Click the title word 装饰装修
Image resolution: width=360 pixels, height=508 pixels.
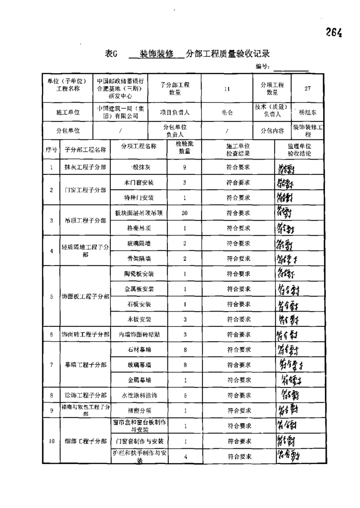coord(157,54)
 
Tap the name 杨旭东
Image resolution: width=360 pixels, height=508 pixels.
coord(307,112)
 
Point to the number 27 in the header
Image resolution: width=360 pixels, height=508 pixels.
coord(307,89)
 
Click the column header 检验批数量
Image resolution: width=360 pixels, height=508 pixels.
coord(184,147)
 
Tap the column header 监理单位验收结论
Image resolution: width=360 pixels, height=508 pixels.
coord(299,150)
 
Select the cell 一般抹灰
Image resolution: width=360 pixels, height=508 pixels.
coord(139,168)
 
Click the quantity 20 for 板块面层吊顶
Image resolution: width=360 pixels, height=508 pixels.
coord(184,213)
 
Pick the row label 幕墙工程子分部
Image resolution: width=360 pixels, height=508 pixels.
coord(85,364)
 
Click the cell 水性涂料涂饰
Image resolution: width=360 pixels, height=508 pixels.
coord(139,395)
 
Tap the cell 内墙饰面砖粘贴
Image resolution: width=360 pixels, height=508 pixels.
coord(139,334)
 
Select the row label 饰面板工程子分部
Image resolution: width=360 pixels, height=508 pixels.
coord(85,297)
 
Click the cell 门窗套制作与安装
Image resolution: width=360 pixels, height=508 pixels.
coord(139,441)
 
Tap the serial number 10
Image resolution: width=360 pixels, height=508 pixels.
coord(52,441)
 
